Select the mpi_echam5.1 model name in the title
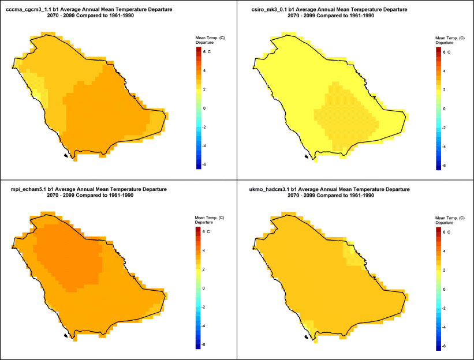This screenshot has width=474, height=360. point(27,189)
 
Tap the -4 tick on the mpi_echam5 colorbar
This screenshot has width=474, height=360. point(204,326)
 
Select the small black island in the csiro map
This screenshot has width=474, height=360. point(305,156)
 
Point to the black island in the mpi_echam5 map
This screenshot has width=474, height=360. point(67,335)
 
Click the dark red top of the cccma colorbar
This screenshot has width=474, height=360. point(197,50)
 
